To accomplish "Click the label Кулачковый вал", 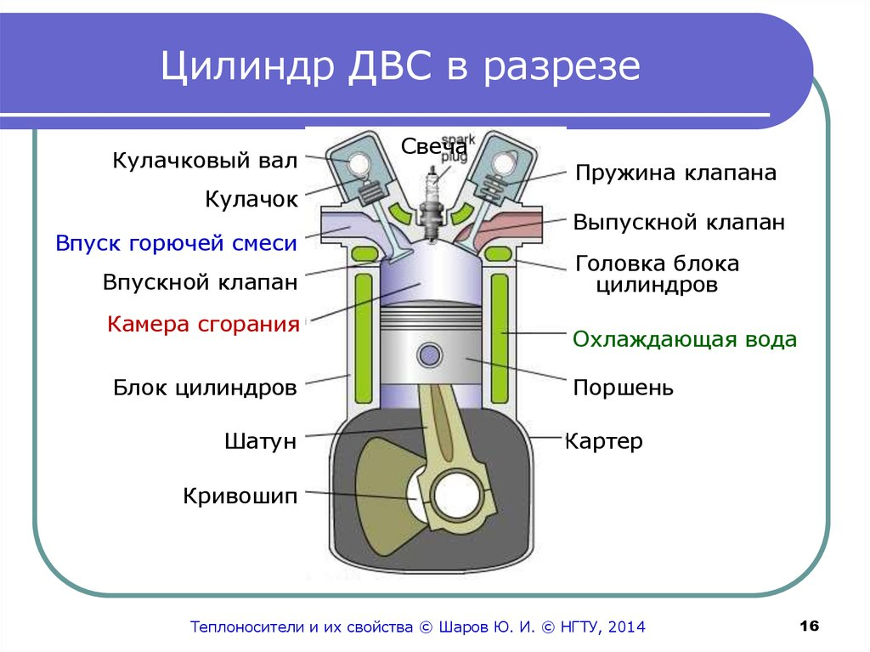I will [205, 160].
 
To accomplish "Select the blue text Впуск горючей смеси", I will [177, 243].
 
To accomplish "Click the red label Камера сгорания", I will [204, 324].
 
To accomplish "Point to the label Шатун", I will [261, 441].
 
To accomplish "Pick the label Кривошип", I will [240, 496].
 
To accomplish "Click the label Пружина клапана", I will [675, 173].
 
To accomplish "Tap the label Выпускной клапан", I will [678, 223].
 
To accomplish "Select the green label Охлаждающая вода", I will [685, 339].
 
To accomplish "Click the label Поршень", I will [624, 388].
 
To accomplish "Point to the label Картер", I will [604, 442].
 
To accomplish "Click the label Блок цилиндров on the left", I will [205, 388].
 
